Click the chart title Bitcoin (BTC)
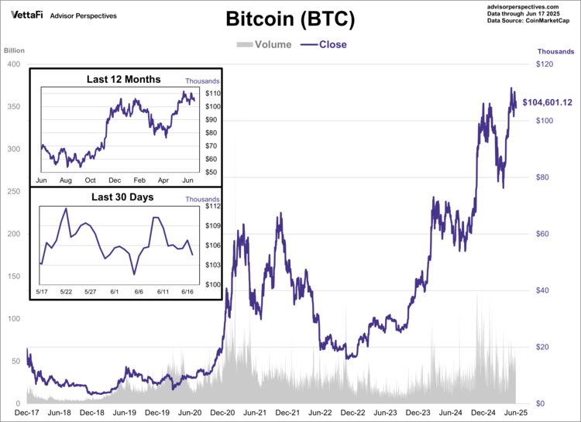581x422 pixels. (290, 19)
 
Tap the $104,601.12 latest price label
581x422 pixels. (547, 102)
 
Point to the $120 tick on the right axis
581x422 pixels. (545, 64)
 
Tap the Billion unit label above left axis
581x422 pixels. (15, 51)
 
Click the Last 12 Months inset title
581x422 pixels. (124, 79)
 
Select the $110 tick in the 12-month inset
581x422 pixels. (213, 94)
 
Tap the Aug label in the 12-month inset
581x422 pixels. (66, 180)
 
